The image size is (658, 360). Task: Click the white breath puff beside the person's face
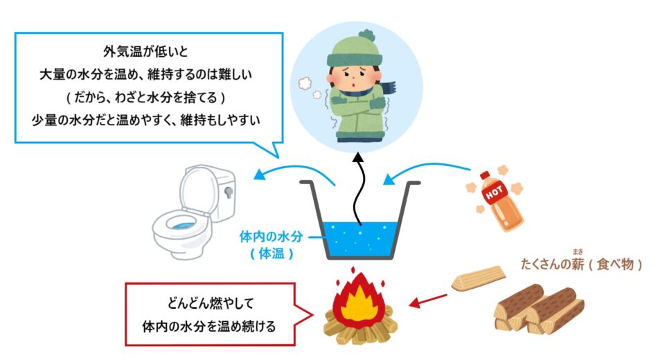(x=305, y=84)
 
